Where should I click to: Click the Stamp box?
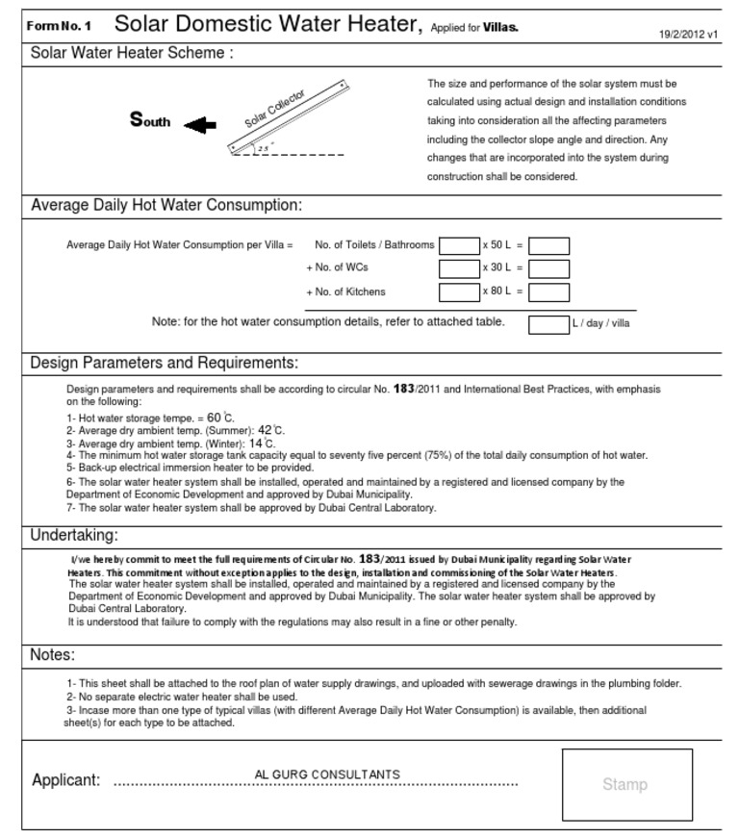click(626, 785)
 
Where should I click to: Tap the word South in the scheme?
click(150, 120)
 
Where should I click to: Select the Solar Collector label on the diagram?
click(275, 109)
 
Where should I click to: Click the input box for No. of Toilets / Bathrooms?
click(458, 245)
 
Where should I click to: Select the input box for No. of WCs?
click(458, 268)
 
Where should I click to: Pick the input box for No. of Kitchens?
click(458, 292)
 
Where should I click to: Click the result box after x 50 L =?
click(548, 245)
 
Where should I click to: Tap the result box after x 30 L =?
click(548, 268)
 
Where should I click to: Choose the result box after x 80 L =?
click(548, 292)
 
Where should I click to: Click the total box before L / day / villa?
click(548, 323)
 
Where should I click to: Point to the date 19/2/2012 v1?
click(688, 35)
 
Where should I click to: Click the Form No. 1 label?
click(60, 26)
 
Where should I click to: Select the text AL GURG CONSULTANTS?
click(327, 774)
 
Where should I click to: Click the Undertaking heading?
click(74, 535)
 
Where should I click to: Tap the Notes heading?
click(52, 655)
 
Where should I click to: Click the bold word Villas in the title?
click(500, 27)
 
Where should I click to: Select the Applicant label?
click(65, 780)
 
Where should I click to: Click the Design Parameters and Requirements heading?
click(165, 363)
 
